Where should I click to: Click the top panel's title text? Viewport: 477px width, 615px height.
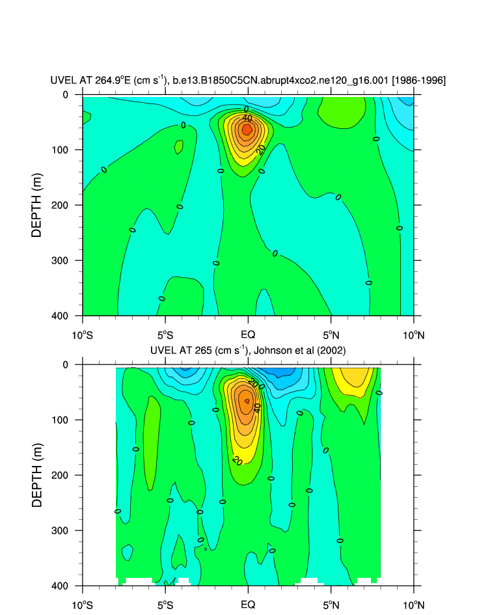coord(248,81)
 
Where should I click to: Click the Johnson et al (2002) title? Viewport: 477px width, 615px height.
coord(247,351)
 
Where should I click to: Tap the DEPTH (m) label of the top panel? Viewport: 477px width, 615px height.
coord(37,205)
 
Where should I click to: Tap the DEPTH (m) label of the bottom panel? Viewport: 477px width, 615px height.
coord(37,475)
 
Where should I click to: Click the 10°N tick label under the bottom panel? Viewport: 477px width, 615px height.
coord(413,605)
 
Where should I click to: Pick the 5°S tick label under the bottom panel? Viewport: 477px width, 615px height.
coord(165,605)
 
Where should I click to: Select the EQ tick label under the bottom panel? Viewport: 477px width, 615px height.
coord(247,605)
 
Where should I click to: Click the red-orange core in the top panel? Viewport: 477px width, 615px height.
coord(247,130)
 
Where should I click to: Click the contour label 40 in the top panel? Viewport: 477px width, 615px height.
coord(247,118)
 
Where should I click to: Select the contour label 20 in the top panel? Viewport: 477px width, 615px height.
coord(261,149)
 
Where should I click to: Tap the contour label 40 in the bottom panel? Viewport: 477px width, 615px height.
coord(257,407)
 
